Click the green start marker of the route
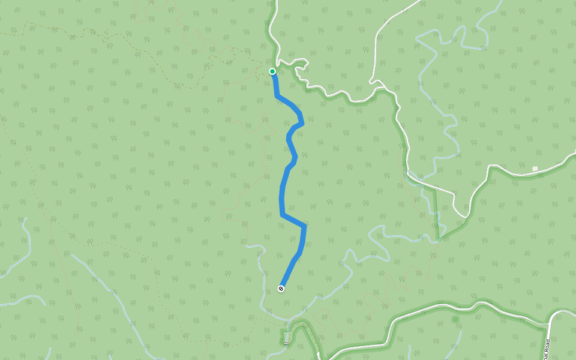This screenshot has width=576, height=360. click(272, 71)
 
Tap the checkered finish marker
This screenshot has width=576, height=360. click(281, 289)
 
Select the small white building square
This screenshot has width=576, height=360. click(535, 169)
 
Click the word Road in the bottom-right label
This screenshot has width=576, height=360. click(547, 350)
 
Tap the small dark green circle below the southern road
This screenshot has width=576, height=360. click(455, 319)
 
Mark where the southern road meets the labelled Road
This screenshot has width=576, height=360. click(549, 324)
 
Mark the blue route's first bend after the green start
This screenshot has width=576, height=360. click(277, 95)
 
